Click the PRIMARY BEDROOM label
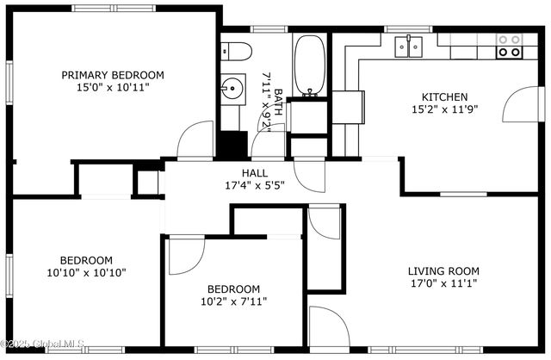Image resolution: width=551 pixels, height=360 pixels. (x=113, y=75)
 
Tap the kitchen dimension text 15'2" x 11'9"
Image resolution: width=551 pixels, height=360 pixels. (x=444, y=109)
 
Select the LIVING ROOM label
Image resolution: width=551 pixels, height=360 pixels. (x=443, y=271)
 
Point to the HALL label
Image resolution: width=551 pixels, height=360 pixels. (x=255, y=173)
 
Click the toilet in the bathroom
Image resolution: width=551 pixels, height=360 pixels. (x=236, y=52)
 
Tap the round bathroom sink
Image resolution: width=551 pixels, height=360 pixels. (x=232, y=88)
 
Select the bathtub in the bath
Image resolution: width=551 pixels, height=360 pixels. (x=309, y=65)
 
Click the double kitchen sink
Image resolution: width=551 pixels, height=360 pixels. (x=408, y=46)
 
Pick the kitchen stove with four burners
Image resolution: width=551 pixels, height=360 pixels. (x=509, y=46)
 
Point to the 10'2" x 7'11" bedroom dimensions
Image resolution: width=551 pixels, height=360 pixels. (x=233, y=301)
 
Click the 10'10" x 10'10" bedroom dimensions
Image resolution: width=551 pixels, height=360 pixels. (x=86, y=272)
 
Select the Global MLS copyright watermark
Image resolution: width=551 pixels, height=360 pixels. (x=42, y=343)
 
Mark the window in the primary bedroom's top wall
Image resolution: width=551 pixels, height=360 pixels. (x=114, y=8)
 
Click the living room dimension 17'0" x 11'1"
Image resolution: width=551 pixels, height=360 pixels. (x=444, y=283)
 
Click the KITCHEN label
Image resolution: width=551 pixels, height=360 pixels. (x=444, y=97)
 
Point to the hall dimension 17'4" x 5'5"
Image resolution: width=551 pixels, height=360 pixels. (x=255, y=185)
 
